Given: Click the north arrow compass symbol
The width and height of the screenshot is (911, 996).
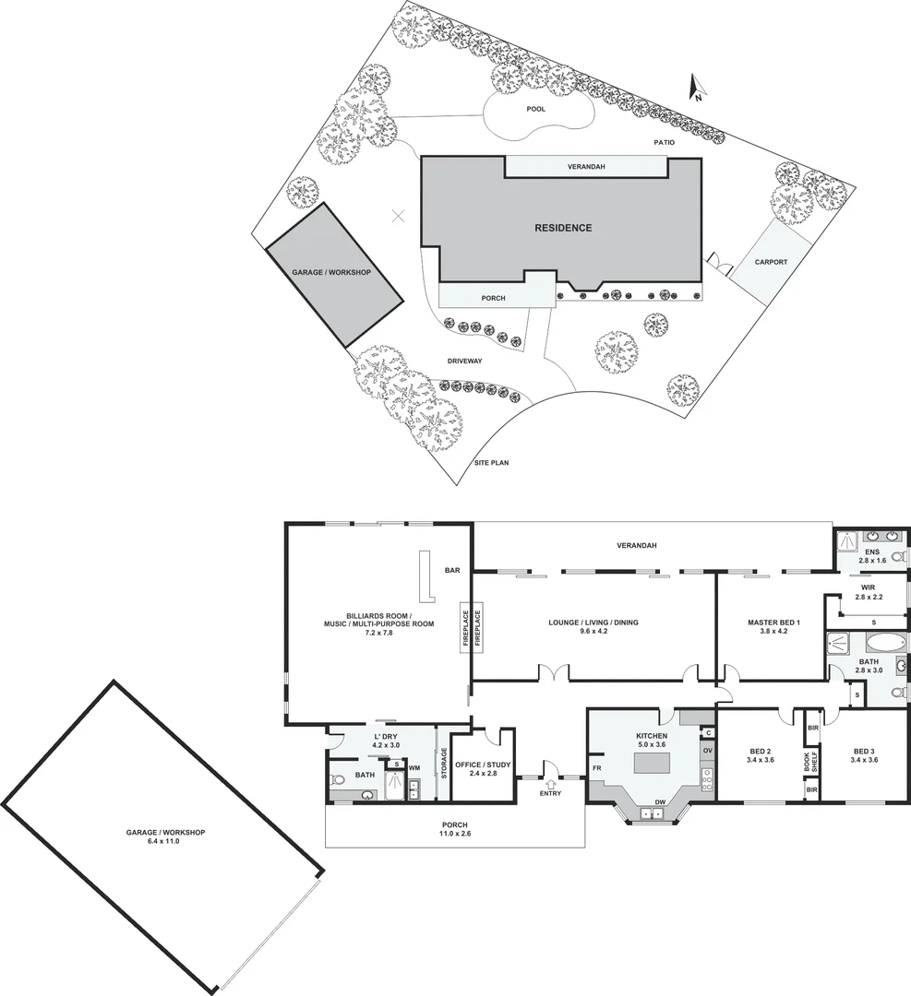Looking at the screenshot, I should (x=697, y=89).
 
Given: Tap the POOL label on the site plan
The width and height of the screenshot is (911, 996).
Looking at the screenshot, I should (x=535, y=109).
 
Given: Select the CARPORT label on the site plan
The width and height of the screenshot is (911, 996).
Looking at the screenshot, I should (x=771, y=262).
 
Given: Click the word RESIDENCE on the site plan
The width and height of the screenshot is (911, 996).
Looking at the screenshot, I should (x=563, y=228).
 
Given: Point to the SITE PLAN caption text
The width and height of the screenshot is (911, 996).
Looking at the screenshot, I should (x=492, y=462).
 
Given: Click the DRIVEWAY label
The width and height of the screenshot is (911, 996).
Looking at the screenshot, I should (x=465, y=361).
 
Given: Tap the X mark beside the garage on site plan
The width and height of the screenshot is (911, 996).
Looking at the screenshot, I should (x=398, y=217).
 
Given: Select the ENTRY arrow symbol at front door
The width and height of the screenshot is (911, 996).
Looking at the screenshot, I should (x=549, y=785).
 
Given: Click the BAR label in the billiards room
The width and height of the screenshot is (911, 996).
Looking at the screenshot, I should (x=452, y=571).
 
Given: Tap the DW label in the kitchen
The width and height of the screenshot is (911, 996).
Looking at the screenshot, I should (x=659, y=802).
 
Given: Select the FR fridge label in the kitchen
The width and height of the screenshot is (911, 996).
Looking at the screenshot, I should (x=597, y=767).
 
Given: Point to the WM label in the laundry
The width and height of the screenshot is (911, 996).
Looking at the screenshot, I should (x=414, y=767).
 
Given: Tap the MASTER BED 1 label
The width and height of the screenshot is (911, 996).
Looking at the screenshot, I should (x=773, y=622).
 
